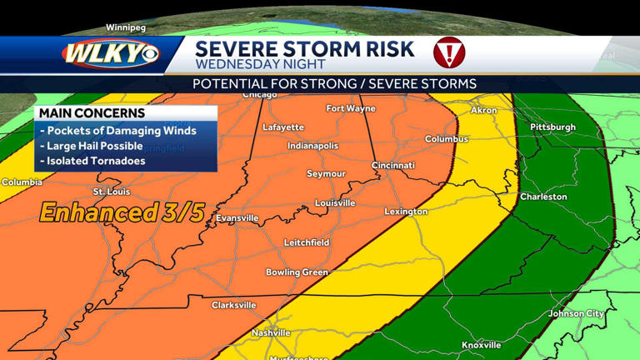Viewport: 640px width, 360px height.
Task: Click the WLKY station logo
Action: pyautogui.click(x=109, y=54)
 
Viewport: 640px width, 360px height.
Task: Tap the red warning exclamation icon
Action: pyautogui.click(x=449, y=53)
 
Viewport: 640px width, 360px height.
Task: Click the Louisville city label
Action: pyautogui.click(x=335, y=203)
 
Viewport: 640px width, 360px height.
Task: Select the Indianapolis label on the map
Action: pyautogui.click(x=312, y=146)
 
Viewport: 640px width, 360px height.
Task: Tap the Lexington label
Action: pyautogui.click(x=406, y=212)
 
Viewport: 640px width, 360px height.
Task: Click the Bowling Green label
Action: pyautogui.click(x=297, y=272)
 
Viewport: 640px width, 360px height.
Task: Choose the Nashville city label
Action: pyautogui.click(x=271, y=332)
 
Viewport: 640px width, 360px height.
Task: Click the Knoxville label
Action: pyautogui.click(x=482, y=345)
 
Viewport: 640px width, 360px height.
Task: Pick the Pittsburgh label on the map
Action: pyautogui.click(x=552, y=127)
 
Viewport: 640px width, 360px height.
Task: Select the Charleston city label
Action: pyautogui.click(x=543, y=197)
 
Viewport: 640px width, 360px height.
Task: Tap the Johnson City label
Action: pyautogui.click(x=576, y=313)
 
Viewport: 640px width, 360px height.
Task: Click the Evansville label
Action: pyautogui.click(x=237, y=218)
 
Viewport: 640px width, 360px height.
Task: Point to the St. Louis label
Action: pyautogui.click(x=110, y=192)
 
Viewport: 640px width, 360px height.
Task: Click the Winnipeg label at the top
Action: pyautogui.click(x=126, y=27)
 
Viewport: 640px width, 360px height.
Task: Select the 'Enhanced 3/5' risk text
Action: pyautogui.click(x=122, y=212)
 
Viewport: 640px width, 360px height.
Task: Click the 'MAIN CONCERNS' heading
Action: pyautogui.click(x=92, y=113)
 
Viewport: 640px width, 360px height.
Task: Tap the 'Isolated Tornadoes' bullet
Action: pyautogui.click(x=96, y=161)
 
